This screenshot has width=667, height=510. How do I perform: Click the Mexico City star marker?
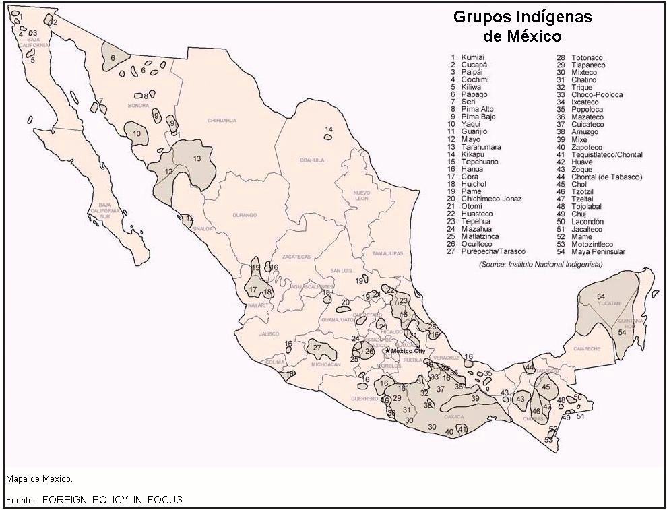point(387,351)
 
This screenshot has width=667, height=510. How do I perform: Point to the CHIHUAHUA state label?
point(222,121)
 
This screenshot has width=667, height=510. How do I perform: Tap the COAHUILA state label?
point(312,160)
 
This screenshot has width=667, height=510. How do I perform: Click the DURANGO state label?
point(245,215)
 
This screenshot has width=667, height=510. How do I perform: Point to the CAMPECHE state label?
point(586,349)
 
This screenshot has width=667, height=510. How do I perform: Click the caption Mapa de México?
point(39,479)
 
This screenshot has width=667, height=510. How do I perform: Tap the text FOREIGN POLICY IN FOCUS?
point(112,500)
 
